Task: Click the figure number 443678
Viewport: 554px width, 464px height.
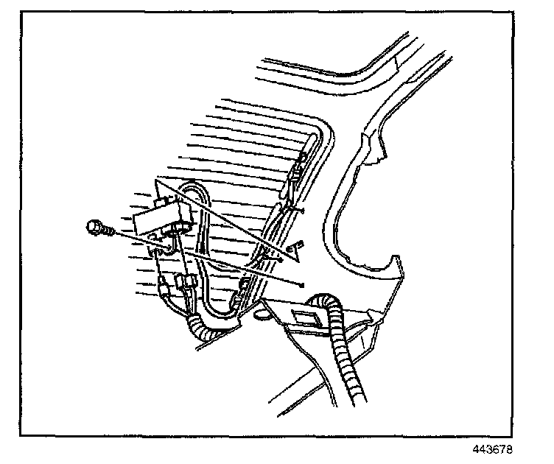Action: (x=494, y=449)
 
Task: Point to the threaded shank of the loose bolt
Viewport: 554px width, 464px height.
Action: (x=108, y=231)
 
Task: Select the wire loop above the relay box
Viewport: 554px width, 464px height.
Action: (x=193, y=193)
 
